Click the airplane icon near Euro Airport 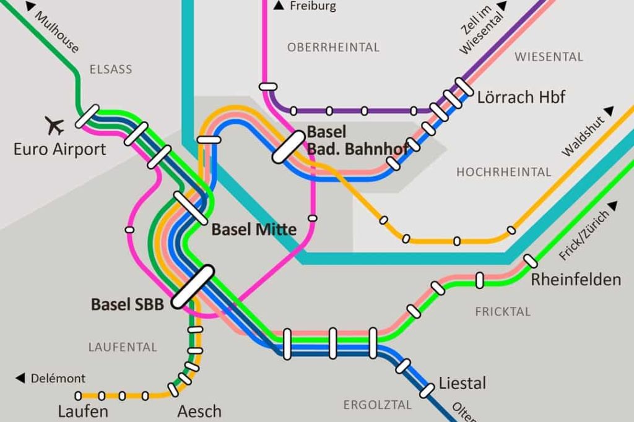[x=55, y=126]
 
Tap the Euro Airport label [x=59, y=149]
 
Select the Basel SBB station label [x=127, y=304]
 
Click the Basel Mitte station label [x=254, y=230]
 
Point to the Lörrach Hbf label [x=521, y=97]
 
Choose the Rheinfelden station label [x=576, y=280]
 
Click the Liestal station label [x=462, y=383]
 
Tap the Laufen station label [x=83, y=411]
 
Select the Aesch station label [x=199, y=411]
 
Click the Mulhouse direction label [x=56, y=32]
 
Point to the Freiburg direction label [x=312, y=6]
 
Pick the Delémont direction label [x=58, y=378]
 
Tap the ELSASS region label [x=111, y=69]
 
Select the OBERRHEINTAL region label [x=333, y=48]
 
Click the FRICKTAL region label [x=503, y=312]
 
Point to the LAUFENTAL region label [x=123, y=347]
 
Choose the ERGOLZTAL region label [x=377, y=405]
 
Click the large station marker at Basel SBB [x=193, y=286]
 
